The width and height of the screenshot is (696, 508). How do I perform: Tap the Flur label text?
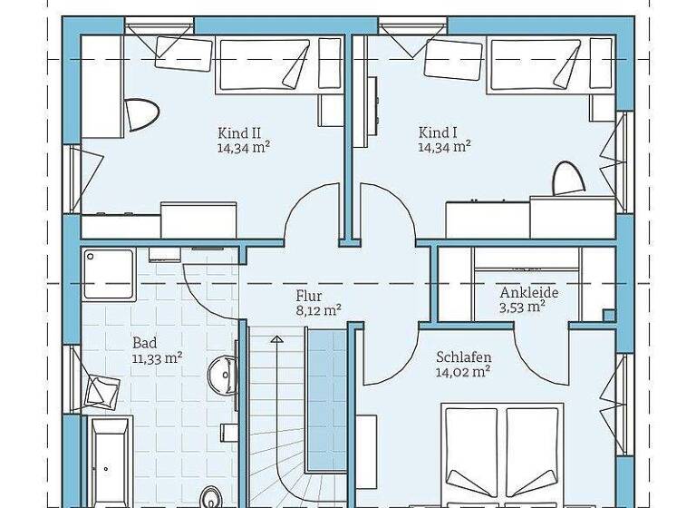(x=309, y=295)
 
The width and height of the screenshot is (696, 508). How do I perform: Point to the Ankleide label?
(x=528, y=293)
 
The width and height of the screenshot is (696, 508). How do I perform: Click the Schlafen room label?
(x=462, y=357)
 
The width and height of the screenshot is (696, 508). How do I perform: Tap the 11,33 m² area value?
(x=158, y=357)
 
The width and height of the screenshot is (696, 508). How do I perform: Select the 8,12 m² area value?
(x=318, y=309)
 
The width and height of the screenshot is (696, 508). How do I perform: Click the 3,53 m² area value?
(x=523, y=307)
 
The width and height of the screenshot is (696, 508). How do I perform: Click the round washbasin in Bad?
(x=220, y=371)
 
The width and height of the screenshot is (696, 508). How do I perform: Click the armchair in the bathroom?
(x=102, y=393)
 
